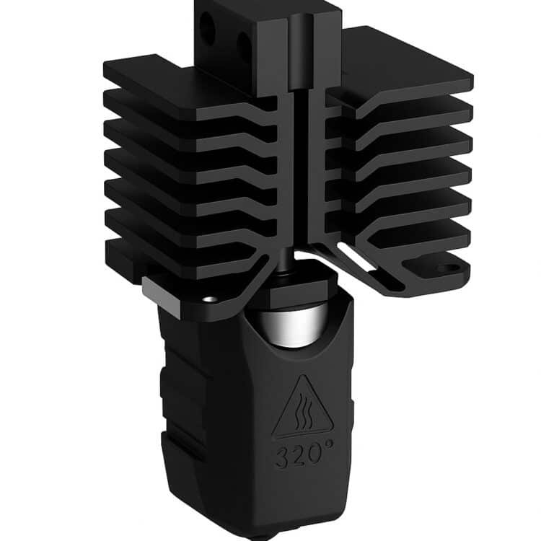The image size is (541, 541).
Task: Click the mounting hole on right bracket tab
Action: [x=447, y=268]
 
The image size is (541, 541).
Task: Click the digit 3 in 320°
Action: [x=281, y=459]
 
